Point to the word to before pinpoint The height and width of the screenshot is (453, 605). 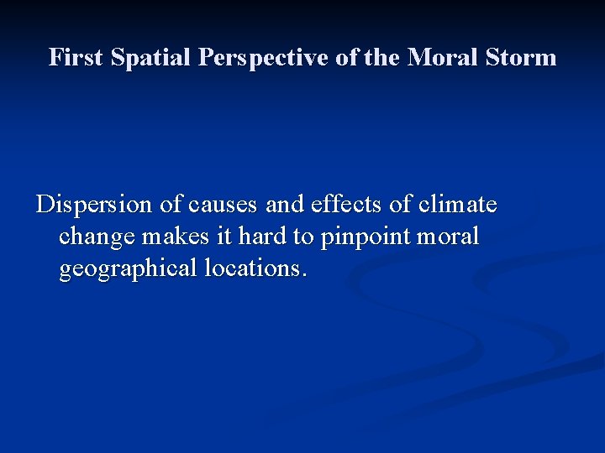click(304, 237)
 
